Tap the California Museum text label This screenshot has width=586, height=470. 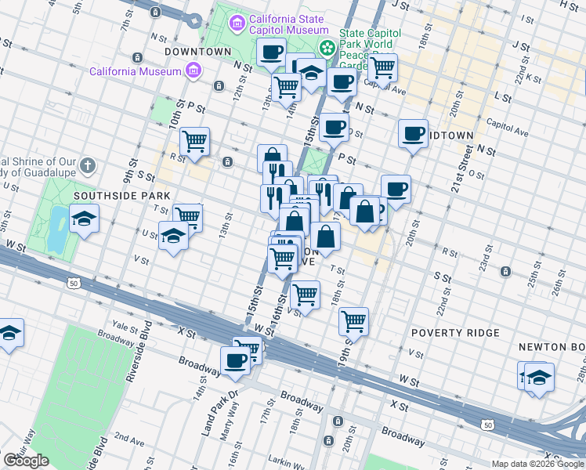click(136, 71)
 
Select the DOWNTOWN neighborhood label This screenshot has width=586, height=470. click(197, 52)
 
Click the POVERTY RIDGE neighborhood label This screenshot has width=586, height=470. click(455, 333)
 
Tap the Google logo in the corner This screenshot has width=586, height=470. click(26, 461)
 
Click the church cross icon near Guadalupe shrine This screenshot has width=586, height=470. click(89, 166)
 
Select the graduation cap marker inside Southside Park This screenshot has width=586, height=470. click(84, 219)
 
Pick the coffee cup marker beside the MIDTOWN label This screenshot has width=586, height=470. click(413, 133)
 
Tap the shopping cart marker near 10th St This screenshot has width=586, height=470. click(194, 142)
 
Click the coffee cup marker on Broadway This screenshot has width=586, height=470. click(235, 360)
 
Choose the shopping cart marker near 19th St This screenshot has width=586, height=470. click(353, 320)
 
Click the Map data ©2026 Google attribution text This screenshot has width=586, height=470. click(537, 464)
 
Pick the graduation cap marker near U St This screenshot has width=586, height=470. click(173, 235)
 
